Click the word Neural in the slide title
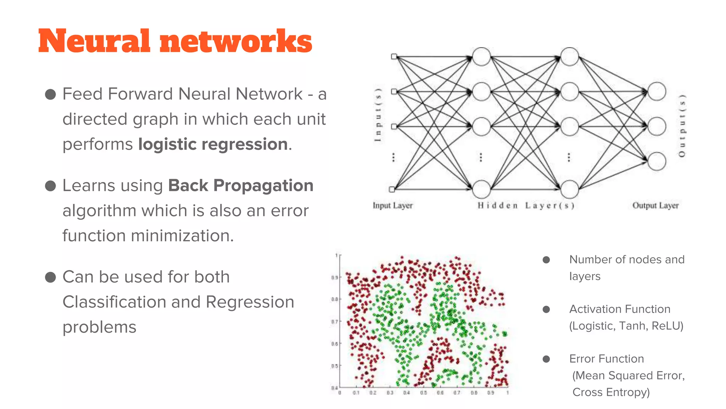coord(94,41)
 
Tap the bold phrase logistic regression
coord(213,144)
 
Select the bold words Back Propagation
coord(241,186)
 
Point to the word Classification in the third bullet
coord(114,302)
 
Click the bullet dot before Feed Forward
coord(51,94)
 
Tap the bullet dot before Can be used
coord(51,277)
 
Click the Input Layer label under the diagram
coord(392,206)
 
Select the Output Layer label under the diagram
coord(655,206)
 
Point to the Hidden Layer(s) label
coord(526,206)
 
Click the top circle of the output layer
coord(657,92)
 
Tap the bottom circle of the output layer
coord(657,161)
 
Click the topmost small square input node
coord(394,56)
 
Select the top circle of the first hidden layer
coord(481,57)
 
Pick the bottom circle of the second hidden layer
coord(569,189)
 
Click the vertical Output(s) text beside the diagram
coord(682,126)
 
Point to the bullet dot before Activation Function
coord(546,310)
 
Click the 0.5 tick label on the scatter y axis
coord(334,366)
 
